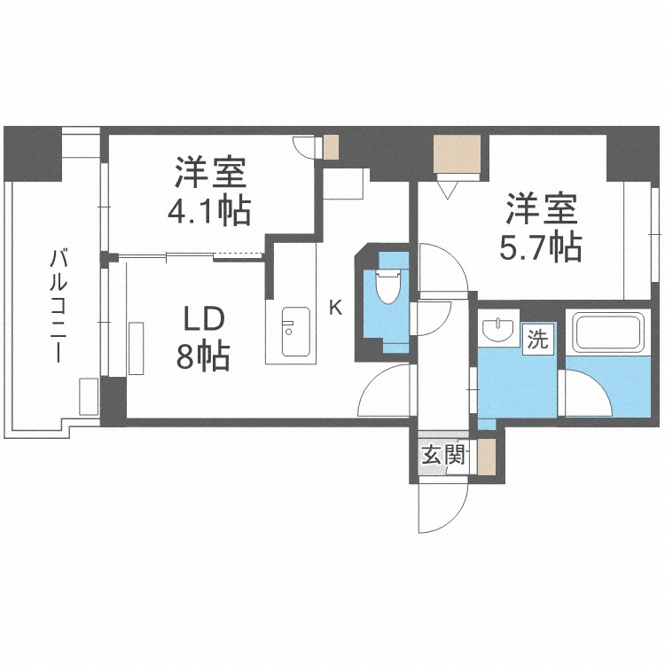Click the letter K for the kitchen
[335, 308]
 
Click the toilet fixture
[388, 286]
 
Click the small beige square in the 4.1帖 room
[331, 146]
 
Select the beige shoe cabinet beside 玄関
[485, 457]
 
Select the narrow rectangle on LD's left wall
[137, 349]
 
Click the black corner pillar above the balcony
[32, 152]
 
